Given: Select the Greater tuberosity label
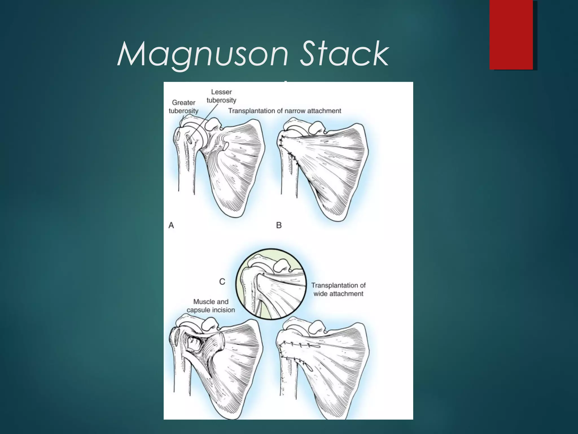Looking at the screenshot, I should point(183,107).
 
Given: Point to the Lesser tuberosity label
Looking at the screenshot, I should point(221,96).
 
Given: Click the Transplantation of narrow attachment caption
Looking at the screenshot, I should point(284,111).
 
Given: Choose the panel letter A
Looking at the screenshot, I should point(171,225).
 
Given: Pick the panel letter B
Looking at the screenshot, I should point(279,225).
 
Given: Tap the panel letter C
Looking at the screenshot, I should point(222,281).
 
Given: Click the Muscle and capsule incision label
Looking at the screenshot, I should point(211,306).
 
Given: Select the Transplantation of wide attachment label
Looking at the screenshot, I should point(338,289).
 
